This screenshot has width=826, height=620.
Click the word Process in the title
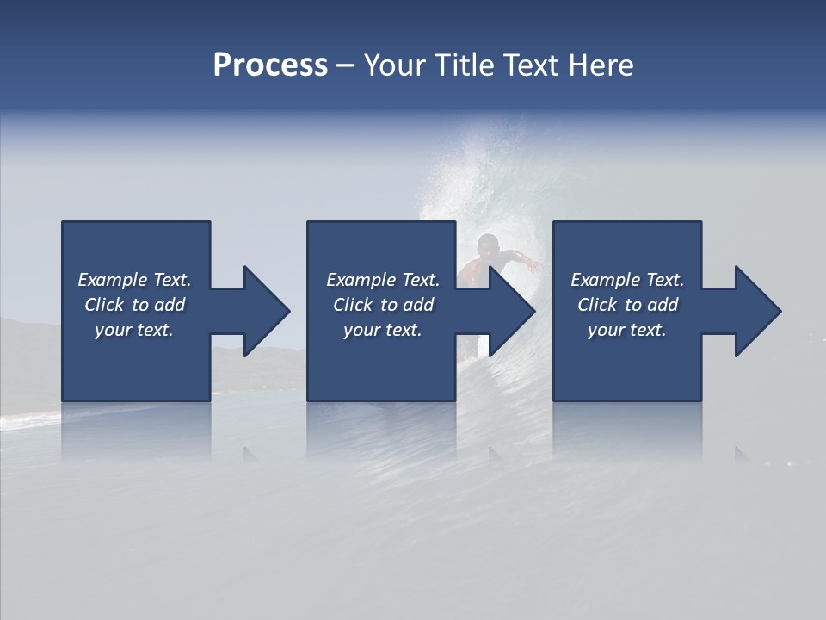[270, 65]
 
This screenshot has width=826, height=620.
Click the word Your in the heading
[394, 65]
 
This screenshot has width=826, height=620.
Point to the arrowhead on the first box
[263, 311]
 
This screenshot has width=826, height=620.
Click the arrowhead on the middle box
[509, 311]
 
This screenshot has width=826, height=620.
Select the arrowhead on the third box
[755, 311]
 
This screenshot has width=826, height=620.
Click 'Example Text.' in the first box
[134, 280]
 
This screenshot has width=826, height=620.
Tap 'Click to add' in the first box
[134, 305]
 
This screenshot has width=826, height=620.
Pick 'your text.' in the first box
[134, 330]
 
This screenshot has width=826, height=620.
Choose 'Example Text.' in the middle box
[383, 280]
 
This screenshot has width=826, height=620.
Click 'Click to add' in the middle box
[383, 305]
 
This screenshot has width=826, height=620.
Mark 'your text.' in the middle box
[383, 330]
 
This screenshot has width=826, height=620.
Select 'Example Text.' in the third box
[627, 280]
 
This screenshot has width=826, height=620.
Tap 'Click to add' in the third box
[627, 305]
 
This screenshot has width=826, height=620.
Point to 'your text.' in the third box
[627, 330]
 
